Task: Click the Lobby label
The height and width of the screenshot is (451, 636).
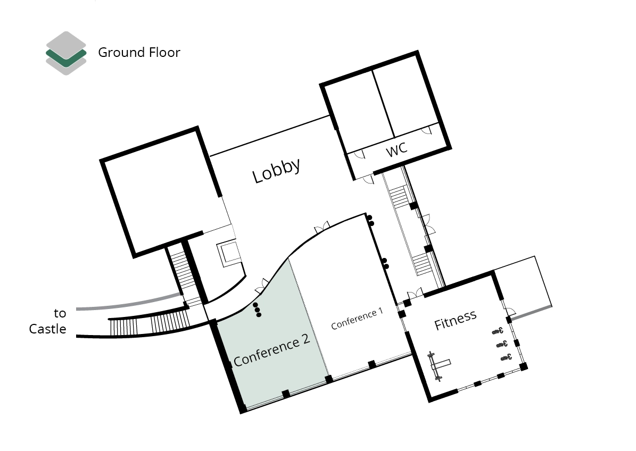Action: coord(277,171)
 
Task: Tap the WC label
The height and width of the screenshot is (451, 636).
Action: coord(397,149)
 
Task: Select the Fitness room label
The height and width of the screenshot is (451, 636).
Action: coord(455,320)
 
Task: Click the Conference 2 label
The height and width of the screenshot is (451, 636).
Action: coord(271,350)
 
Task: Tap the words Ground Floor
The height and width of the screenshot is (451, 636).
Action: coord(139,52)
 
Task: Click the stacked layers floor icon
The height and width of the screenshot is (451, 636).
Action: coord(66,53)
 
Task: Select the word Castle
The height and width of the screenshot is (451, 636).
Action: coord(47,329)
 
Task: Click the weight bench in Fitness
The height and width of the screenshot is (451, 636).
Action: coord(438,366)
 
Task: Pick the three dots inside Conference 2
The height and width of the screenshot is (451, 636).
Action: coord(257,310)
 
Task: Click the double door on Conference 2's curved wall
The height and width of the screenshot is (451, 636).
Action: coord(262,286)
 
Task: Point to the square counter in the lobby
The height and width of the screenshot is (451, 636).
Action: coord(229,253)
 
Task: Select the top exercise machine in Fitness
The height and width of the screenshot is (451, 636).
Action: coord(498,331)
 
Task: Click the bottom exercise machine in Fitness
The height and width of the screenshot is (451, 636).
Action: coord(506,357)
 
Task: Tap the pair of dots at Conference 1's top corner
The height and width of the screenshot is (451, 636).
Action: coord(370,220)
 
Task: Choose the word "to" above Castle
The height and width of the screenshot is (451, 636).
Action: coord(60,313)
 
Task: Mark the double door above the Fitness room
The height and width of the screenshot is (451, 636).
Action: coord(415,293)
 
